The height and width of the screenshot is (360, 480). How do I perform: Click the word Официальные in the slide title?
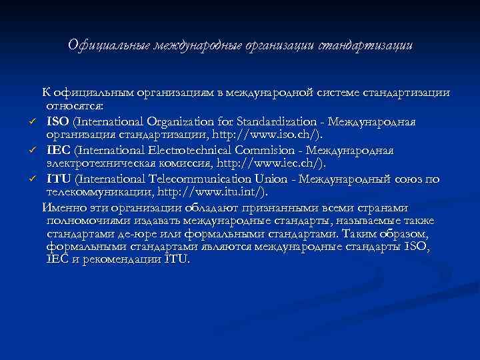coord(109,46)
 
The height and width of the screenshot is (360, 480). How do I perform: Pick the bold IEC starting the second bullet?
coord(57,150)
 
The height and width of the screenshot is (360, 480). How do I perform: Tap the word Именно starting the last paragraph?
coord(63,207)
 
